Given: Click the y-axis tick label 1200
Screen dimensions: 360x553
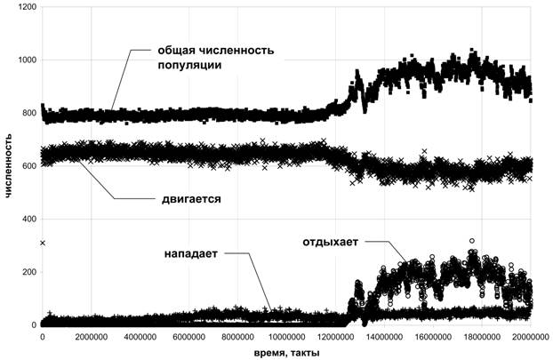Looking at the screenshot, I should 26,7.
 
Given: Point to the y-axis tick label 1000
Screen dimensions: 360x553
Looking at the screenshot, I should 26,60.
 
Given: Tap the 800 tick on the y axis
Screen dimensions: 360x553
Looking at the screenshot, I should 28,114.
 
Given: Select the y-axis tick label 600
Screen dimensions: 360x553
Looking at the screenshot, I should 28,166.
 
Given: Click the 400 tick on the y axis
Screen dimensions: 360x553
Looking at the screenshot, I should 28,220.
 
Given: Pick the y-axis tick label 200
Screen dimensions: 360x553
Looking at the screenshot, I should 28,272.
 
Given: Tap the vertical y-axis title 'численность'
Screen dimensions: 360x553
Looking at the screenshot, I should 9,166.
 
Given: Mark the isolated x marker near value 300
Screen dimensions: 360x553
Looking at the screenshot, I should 42,243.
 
